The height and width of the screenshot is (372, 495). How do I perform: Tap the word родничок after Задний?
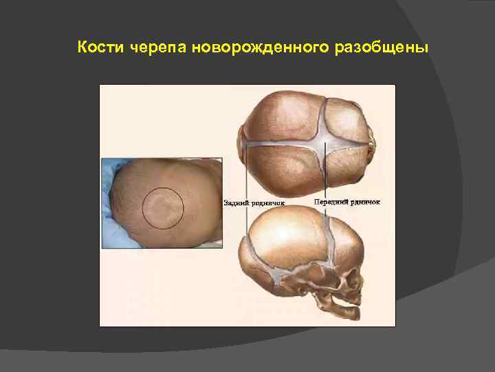coord(268,203)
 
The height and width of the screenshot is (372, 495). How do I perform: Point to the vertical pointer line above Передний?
coord(323,172)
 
